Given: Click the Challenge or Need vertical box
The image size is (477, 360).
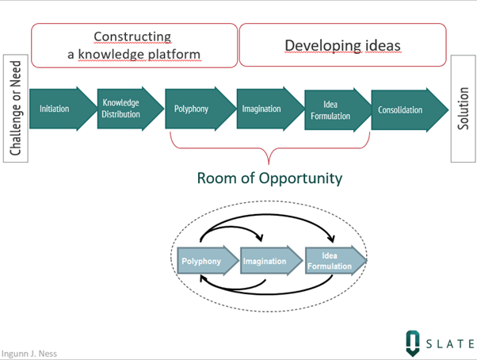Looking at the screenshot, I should coord(16,109).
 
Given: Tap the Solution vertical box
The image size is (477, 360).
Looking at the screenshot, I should coord(464,109).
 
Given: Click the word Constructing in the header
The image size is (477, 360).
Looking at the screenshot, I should coord(132,36).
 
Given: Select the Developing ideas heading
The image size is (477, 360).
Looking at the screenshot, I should coord(343,45).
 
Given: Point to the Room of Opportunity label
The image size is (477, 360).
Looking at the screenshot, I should coord(269,178).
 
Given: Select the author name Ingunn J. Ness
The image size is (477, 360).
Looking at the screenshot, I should coord(29,353).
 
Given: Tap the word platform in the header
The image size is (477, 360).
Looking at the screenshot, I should coord(174,54).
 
